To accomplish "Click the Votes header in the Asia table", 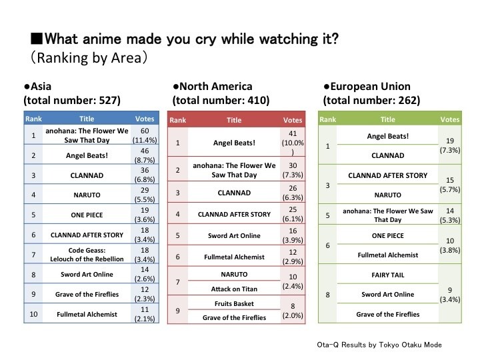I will pyautogui.click(x=144, y=119).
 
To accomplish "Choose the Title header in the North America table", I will pyautogui.click(x=234, y=121).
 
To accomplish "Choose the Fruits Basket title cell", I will pyautogui.click(x=233, y=304).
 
